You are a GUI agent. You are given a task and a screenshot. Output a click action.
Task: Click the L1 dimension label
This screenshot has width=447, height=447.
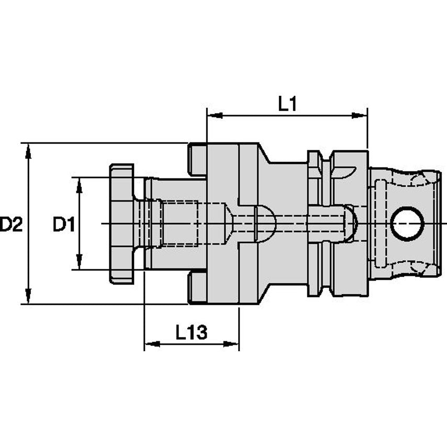coord(287,104)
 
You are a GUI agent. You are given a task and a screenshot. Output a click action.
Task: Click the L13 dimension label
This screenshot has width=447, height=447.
coord(191,332)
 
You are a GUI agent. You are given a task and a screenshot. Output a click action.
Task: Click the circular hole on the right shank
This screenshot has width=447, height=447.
coord(407,223)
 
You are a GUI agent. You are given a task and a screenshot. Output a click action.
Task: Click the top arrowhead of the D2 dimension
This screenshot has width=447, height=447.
coord(28,150)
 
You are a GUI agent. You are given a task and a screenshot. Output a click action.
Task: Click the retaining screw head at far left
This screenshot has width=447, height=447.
coord(121,223)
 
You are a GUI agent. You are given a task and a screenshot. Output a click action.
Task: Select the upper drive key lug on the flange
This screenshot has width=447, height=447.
coord(197,159)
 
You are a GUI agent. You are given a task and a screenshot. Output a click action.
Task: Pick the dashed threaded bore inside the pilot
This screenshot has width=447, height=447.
coord(178,223)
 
